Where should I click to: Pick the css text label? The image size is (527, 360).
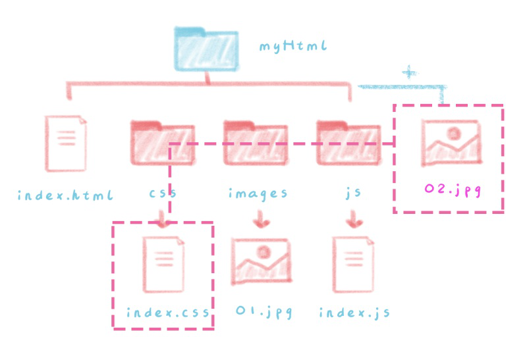click(x=163, y=193)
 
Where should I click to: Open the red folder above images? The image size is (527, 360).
click(x=255, y=143)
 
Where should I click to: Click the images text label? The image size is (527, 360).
click(x=258, y=194)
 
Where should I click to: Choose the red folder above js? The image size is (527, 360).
click(x=348, y=143)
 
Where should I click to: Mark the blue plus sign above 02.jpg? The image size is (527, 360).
click(x=410, y=72)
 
